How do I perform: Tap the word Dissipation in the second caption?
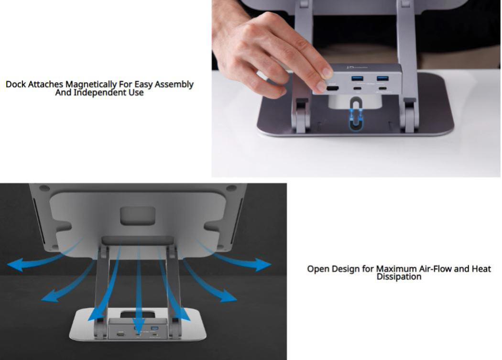coord(399,277)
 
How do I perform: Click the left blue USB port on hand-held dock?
coord(357,77)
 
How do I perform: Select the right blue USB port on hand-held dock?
coord(382,77)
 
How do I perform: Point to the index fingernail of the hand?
coord(327,73)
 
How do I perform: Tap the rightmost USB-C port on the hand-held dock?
coord(382,89)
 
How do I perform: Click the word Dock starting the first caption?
coord(16,85)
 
